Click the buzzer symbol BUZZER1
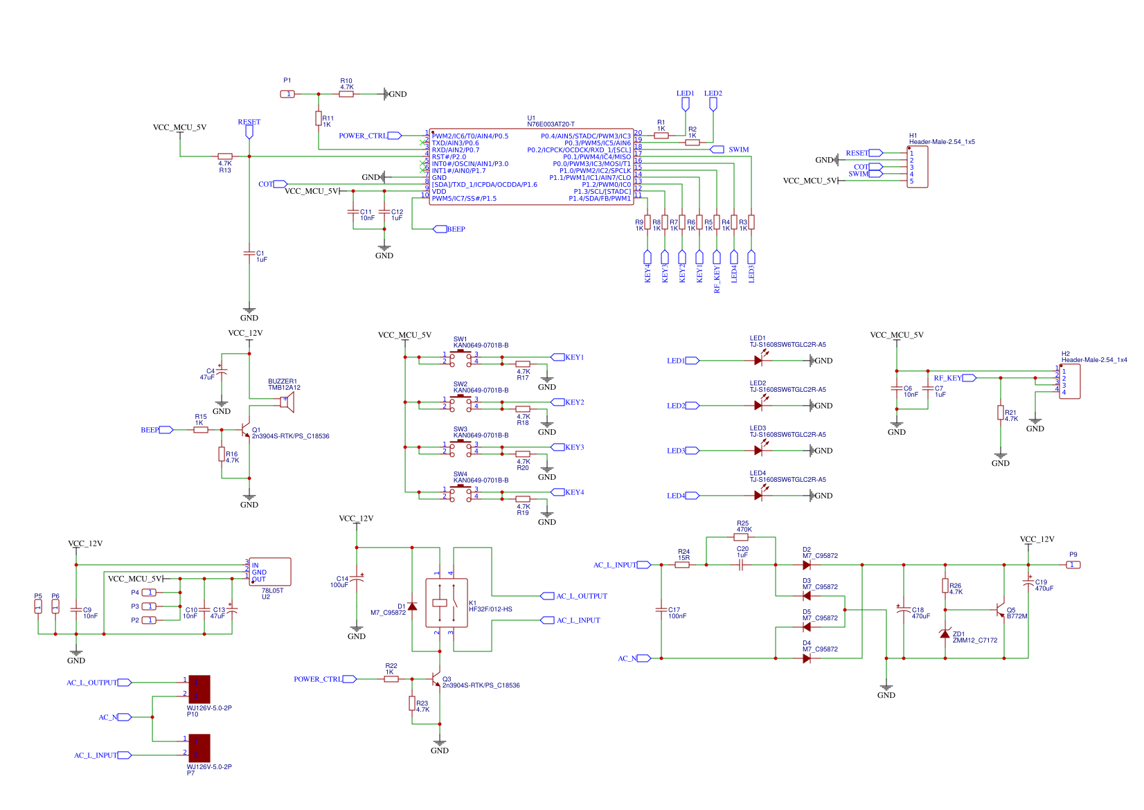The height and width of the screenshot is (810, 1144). [x=287, y=402]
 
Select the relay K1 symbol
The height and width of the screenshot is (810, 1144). [x=446, y=603]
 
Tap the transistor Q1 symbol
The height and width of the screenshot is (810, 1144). [x=246, y=431]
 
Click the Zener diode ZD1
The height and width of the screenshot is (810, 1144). [x=945, y=633]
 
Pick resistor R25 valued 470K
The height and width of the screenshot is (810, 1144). [x=741, y=537]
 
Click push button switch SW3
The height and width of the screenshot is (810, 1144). [x=461, y=447]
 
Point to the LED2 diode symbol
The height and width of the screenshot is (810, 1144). [x=758, y=406]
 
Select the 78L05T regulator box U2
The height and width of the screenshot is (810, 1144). [x=270, y=572]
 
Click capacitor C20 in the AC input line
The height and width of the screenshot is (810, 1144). [x=741, y=565]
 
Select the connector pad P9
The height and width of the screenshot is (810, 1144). [x=1073, y=565]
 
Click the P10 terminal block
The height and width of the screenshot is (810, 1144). [x=199, y=690]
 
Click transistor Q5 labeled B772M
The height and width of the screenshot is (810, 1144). [x=1000, y=611]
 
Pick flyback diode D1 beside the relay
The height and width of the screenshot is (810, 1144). [x=412, y=606]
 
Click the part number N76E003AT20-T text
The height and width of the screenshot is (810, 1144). [x=551, y=125]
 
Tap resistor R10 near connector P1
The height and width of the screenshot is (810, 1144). [x=346, y=94]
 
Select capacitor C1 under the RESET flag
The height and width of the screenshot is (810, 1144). [x=249, y=253]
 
